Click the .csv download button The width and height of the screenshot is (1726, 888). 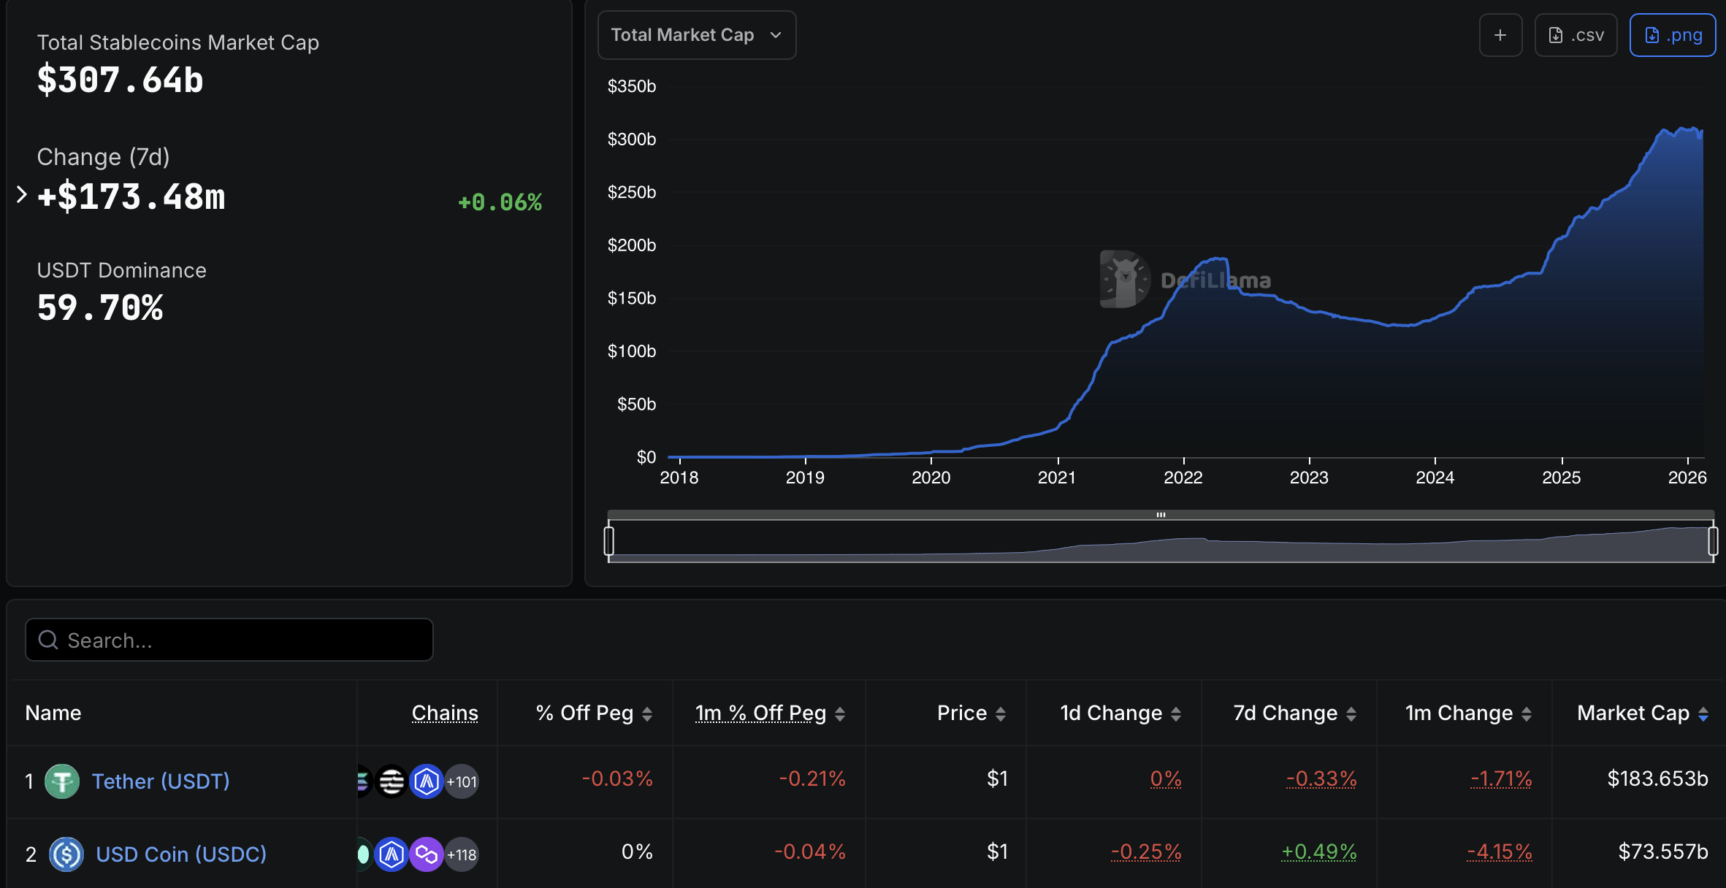pyautogui.click(x=1576, y=35)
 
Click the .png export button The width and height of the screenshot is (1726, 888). pyautogui.click(x=1672, y=35)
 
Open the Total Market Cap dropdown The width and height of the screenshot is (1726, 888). pyautogui.click(x=696, y=35)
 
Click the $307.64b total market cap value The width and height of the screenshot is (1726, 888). pyautogui.click(x=121, y=80)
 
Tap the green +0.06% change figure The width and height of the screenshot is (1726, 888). pyautogui.click(x=500, y=202)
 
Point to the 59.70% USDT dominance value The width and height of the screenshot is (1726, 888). pyautogui.click(x=100, y=307)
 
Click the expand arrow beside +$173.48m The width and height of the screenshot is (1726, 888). pyautogui.click(x=21, y=195)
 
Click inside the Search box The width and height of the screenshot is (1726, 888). pyautogui.click(x=229, y=640)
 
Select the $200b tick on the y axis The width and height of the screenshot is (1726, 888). pyautogui.click(x=631, y=245)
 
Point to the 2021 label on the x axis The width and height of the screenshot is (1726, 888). pyautogui.click(x=1056, y=478)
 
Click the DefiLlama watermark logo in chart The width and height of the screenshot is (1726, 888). pyautogui.click(x=1125, y=280)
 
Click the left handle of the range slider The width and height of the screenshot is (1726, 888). pyautogui.click(x=609, y=541)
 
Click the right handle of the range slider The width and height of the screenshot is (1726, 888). pyautogui.click(x=1713, y=541)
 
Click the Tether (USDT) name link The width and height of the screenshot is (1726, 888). pyautogui.click(x=161, y=781)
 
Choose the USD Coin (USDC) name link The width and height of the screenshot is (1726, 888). pyautogui.click(x=181, y=854)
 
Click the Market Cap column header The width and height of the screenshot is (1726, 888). pyautogui.click(x=1633, y=713)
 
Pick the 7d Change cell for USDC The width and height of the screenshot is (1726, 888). pyautogui.click(x=1318, y=852)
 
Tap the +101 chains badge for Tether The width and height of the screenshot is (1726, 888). pyautogui.click(x=462, y=782)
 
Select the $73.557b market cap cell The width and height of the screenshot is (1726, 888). pyautogui.click(x=1662, y=852)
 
